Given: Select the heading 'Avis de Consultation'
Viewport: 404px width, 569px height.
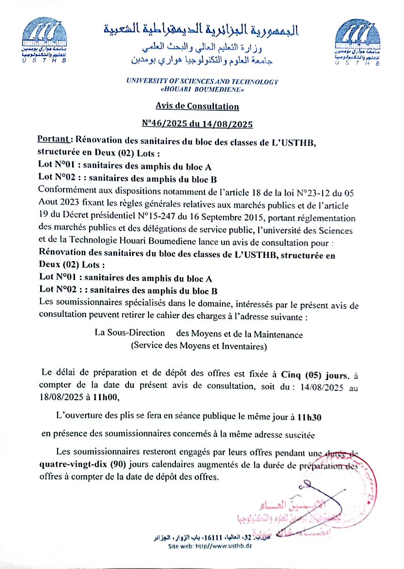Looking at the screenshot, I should [197, 106].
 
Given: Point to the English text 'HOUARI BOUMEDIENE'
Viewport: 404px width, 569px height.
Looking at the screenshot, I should [202, 90].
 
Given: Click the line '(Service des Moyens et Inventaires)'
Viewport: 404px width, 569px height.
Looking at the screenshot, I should [199, 346].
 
